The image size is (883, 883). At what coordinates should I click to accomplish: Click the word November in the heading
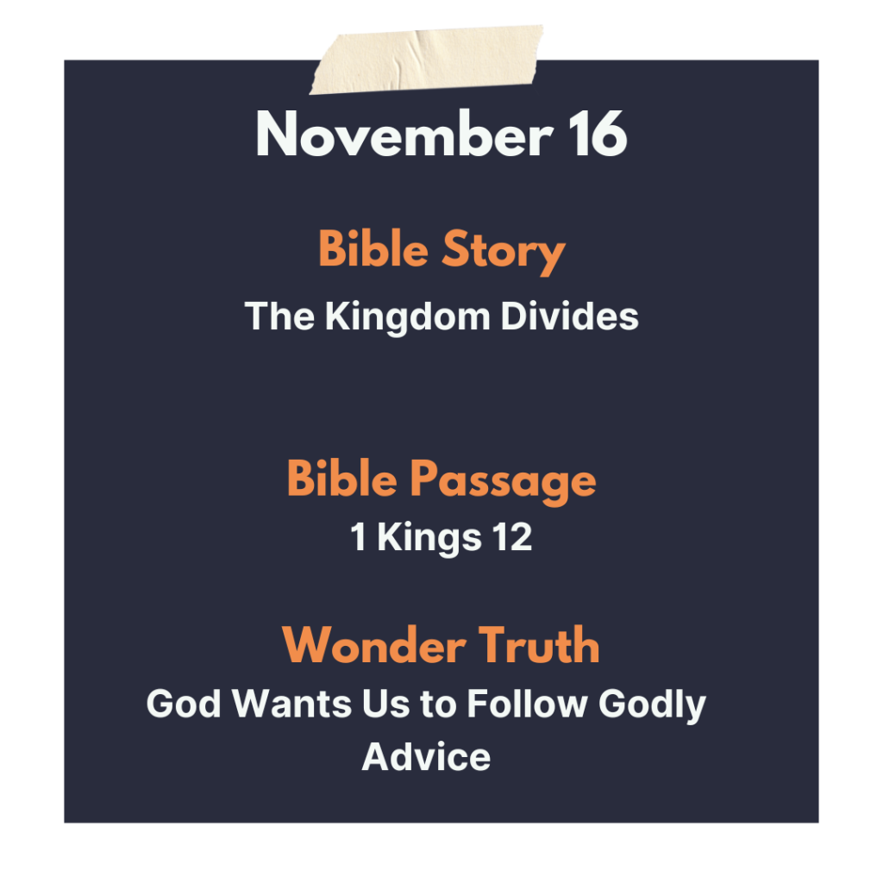pos(404,134)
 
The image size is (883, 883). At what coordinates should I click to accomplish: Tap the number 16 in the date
pos(598,134)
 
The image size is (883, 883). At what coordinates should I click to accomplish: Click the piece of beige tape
pos(426,59)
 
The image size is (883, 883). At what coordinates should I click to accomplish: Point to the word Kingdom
pos(407,317)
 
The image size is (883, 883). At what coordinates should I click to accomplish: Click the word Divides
pos(569,316)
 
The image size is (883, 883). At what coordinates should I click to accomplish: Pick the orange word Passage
pos(503,480)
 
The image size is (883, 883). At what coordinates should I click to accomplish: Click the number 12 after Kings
pos(512,536)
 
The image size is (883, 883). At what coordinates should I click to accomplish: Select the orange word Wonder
pos(374,645)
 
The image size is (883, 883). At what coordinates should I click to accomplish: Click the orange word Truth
pos(539,645)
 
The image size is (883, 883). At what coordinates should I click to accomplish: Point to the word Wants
pos(292,704)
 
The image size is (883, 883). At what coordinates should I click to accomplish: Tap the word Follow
pos(527,703)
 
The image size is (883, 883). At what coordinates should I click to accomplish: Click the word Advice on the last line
pos(426,756)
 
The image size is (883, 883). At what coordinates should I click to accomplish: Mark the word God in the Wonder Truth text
pos(184,704)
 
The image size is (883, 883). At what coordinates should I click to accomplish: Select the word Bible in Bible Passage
pos(342,478)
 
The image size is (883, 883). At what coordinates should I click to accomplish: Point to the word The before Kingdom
pos(279,316)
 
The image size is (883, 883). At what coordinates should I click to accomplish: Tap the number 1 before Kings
pos(358,536)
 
